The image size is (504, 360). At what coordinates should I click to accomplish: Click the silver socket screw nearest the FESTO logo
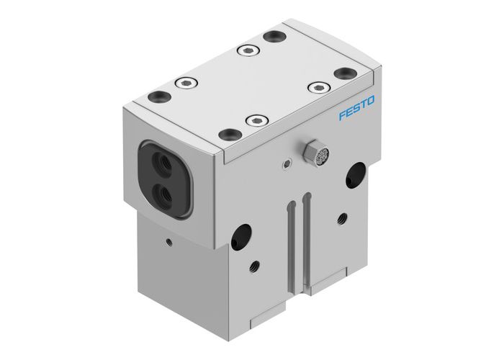click(313, 86)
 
